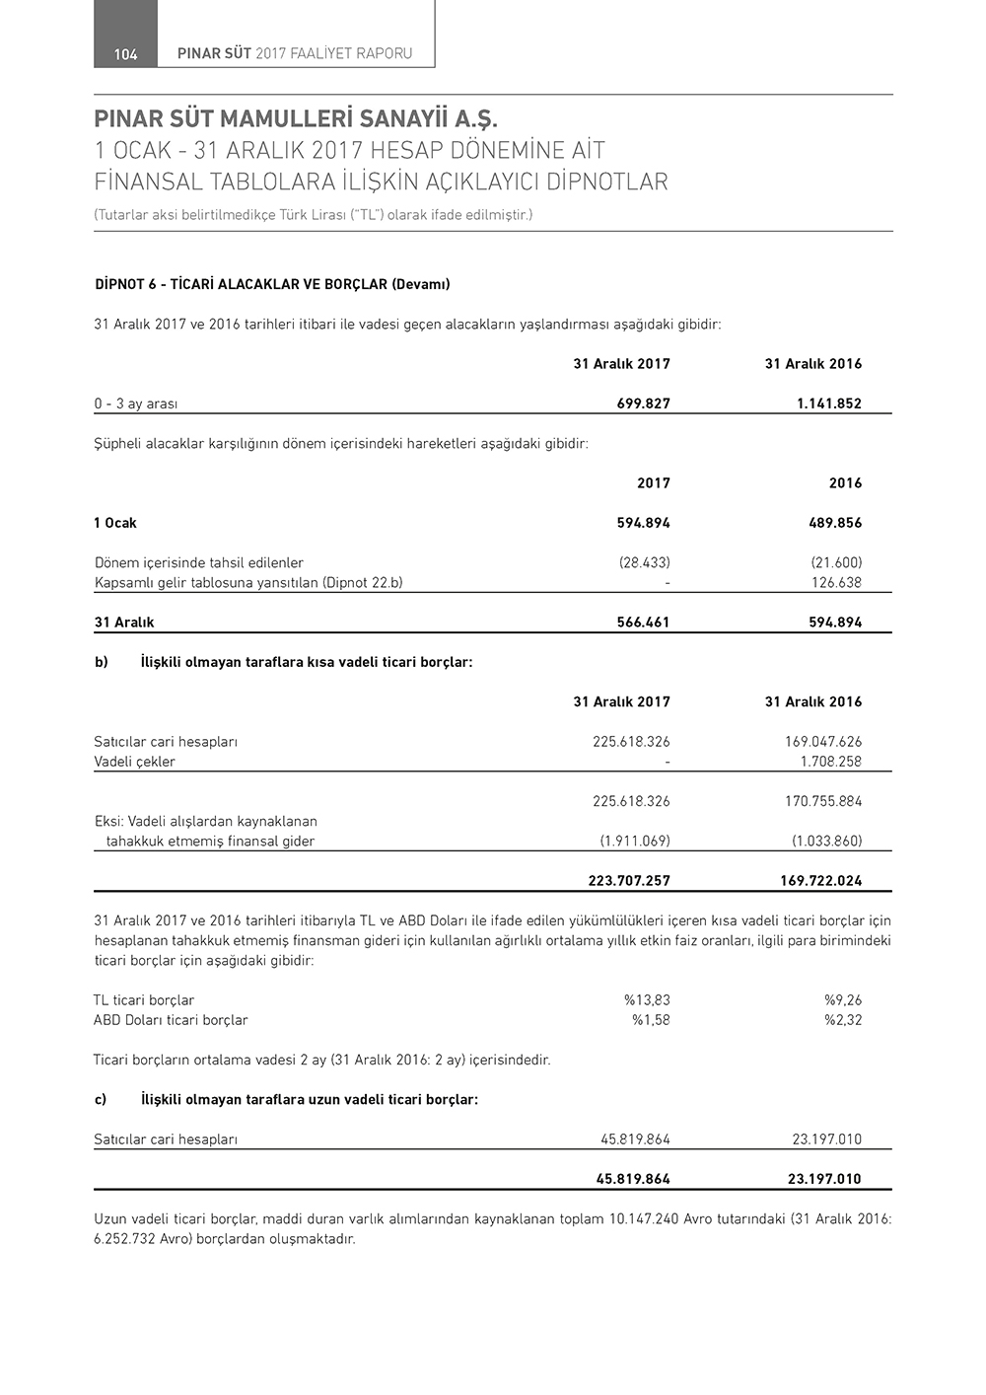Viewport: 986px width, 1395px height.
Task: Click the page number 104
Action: pyautogui.click(x=125, y=54)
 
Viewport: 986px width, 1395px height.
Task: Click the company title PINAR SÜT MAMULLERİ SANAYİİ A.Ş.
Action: pyautogui.click(x=297, y=120)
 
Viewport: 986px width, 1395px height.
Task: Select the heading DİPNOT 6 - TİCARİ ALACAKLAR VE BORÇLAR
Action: pyautogui.click(x=272, y=284)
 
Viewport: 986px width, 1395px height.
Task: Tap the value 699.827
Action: pyautogui.click(x=643, y=404)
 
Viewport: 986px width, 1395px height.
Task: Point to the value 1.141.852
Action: pyautogui.click(x=828, y=404)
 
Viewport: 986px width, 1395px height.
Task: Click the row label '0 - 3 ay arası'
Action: pyautogui.click(x=136, y=404)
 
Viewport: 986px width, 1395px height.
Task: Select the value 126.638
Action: pyautogui.click(x=836, y=582)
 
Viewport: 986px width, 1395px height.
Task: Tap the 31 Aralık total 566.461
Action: pyautogui.click(x=643, y=623)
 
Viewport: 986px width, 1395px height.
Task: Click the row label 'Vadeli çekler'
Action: pyautogui.click(x=135, y=762)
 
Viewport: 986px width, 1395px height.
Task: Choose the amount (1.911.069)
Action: pyautogui.click(x=635, y=842)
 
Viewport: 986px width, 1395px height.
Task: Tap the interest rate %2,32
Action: pyautogui.click(x=843, y=1020)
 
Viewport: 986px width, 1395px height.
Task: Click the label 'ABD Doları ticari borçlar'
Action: pyautogui.click(x=171, y=1020)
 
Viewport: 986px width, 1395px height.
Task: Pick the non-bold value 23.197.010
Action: pyautogui.click(x=826, y=1139)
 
